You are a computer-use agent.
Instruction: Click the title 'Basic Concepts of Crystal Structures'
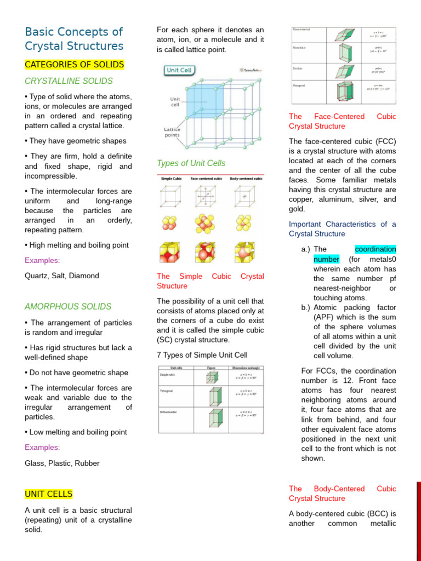pyautogui.click(x=74, y=39)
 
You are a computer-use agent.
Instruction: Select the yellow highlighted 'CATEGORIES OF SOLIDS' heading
pyautogui.click(x=75, y=65)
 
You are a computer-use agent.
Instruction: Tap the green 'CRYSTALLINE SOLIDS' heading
pyautogui.click(x=69, y=81)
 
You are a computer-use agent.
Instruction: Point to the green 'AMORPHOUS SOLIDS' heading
pyautogui.click(x=68, y=307)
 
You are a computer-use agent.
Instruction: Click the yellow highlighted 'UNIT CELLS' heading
pyautogui.click(x=48, y=494)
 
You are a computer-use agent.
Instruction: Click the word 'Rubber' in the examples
pyautogui.click(x=88, y=463)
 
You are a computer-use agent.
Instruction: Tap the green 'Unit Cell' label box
pyautogui.click(x=180, y=71)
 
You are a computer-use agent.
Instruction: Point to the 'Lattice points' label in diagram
pyautogui.click(x=172, y=132)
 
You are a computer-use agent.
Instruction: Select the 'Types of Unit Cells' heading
pyautogui.click(x=191, y=163)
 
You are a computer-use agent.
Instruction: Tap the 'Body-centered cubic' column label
pyautogui.click(x=246, y=179)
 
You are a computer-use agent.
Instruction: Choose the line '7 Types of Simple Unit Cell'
pyautogui.click(x=202, y=355)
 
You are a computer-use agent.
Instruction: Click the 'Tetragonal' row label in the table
pyautogui.click(x=167, y=391)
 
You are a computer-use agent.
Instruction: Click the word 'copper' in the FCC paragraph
pyautogui.click(x=300, y=199)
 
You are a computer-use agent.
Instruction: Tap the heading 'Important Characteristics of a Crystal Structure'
pyautogui.click(x=342, y=229)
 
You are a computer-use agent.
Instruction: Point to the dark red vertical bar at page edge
pyautogui.click(x=418, y=520)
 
